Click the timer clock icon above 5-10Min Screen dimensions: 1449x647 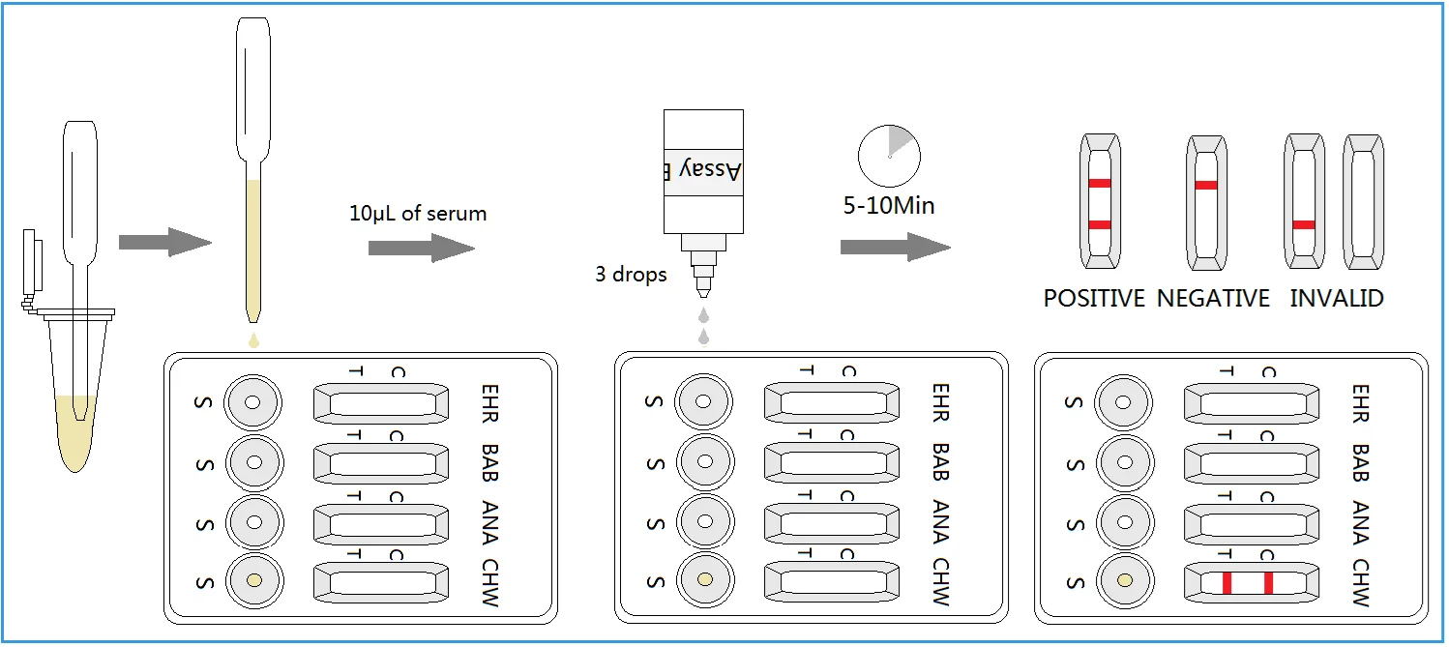tap(889, 156)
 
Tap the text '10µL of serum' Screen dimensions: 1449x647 tap(418, 213)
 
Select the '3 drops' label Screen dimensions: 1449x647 tap(631, 275)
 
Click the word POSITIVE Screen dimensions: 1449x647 tap(1094, 298)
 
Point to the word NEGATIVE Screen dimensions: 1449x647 tap(1213, 298)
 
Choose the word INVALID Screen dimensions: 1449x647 tap(1337, 298)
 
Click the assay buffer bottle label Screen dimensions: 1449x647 tap(704, 171)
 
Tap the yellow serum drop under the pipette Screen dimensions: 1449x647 tap(253, 340)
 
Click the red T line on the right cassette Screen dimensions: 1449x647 tap(1227, 582)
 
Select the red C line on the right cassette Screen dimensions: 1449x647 tap(1268, 582)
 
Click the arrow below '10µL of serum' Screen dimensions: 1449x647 tap(422, 248)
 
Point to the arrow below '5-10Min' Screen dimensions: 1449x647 tap(896, 247)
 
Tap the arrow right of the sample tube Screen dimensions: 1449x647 tap(165, 243)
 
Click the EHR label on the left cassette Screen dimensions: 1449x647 tap(489, 403)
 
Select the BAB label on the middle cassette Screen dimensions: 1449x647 tap(940, 462)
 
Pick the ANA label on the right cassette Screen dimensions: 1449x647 tap(1360, 523)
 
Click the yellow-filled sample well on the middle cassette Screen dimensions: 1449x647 tap(705, 579)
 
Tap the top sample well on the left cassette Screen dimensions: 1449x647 tap(252, 402)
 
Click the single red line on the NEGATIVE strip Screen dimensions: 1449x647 tap(1206, 185)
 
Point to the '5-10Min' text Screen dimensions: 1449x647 tap(889, 206)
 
